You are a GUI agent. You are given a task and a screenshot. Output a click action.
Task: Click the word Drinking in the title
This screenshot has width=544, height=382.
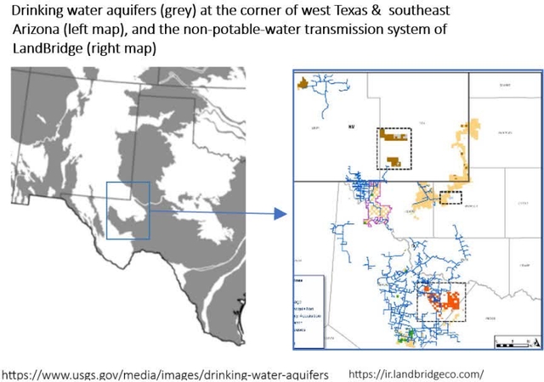39,11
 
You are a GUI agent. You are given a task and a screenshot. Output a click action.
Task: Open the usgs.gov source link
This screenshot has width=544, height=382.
166,374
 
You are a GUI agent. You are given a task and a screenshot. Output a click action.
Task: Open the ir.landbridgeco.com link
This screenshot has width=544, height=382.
416,374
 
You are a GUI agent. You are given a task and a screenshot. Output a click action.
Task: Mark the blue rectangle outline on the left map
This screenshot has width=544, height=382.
127,210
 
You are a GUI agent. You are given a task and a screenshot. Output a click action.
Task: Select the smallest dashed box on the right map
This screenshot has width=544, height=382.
450,198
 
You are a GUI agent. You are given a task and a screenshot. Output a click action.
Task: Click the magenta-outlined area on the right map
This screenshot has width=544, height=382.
375,209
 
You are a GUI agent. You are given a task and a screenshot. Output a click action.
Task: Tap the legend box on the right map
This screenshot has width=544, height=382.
308,310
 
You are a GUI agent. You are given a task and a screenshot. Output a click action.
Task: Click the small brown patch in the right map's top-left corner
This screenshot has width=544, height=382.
302,83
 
